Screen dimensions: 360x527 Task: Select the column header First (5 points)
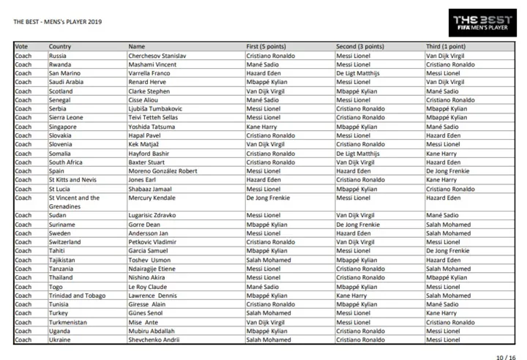tap(266, 47)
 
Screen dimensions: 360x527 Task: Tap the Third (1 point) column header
tap(447, 47)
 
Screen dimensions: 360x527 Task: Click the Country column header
tap(60, 47)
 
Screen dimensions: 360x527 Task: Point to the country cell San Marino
tap(64, 73)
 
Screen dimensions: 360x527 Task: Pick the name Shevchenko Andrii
tap(155, 340)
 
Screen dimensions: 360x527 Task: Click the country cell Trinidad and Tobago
tap(77, 296)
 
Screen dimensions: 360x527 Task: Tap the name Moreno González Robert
tap(163, 170)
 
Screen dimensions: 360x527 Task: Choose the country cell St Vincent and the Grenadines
tap(74, 202)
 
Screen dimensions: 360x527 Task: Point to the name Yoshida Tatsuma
tap(152, 127)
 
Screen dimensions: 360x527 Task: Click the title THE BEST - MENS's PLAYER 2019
tap(58, 21)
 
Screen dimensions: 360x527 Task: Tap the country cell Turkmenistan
tap(68, 322)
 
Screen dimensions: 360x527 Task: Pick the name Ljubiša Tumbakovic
tap(155, 108)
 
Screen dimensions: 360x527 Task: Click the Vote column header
tap(21, 47)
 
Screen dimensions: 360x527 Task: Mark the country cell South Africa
tap(66, 162)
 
